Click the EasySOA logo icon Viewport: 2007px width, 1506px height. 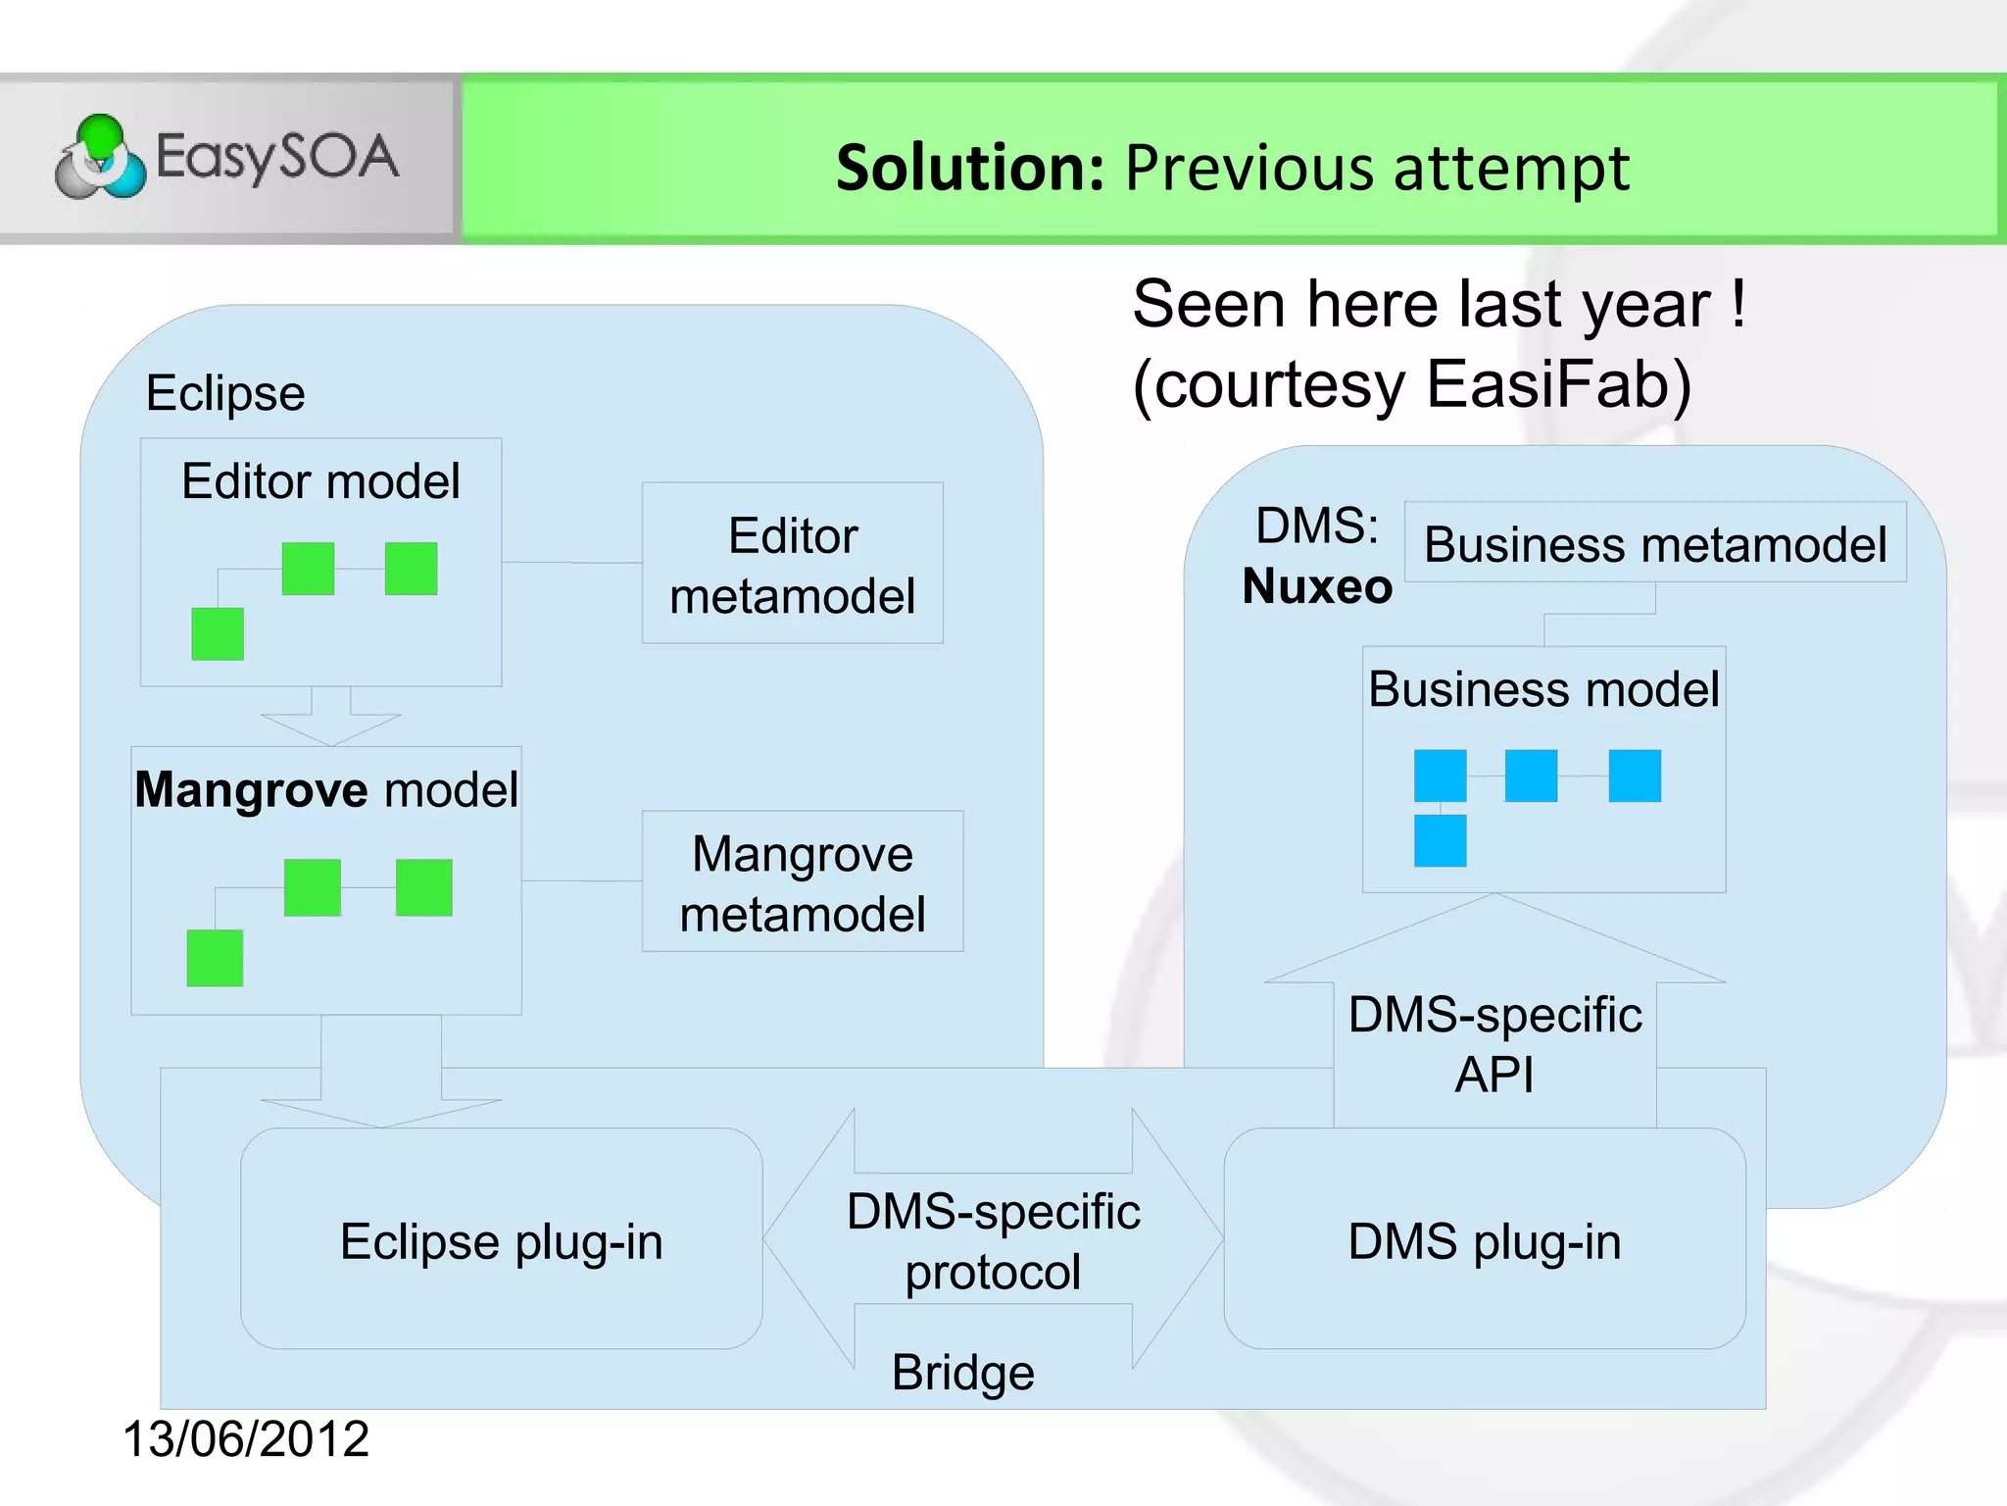[100, 157]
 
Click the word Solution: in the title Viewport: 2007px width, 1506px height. [970, 168]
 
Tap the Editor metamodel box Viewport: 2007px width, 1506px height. [792, 564]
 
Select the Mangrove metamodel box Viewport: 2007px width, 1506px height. [802, 881]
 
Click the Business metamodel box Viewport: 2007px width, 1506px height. [1654, 543]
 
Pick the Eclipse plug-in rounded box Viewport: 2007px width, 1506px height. [501, 1239]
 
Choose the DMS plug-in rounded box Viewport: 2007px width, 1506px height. [1484, 1239]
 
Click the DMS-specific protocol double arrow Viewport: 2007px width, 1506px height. [993, 1239]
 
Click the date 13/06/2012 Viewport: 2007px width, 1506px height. [245, 1439]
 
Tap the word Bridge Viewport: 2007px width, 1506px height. [962, 1372]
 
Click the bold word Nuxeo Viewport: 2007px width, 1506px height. [1316, 587]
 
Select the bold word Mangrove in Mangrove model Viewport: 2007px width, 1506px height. [251, 789]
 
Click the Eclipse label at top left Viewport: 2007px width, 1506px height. [225, 393]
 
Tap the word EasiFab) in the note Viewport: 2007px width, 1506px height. [1558, 384]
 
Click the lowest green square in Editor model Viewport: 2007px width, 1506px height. [218, 633]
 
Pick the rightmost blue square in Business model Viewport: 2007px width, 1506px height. [1634, 776]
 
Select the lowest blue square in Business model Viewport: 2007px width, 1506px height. [1440, 840]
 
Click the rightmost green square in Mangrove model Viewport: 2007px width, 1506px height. [423, 887]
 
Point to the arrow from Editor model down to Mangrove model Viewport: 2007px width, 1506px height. [331, 717]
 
